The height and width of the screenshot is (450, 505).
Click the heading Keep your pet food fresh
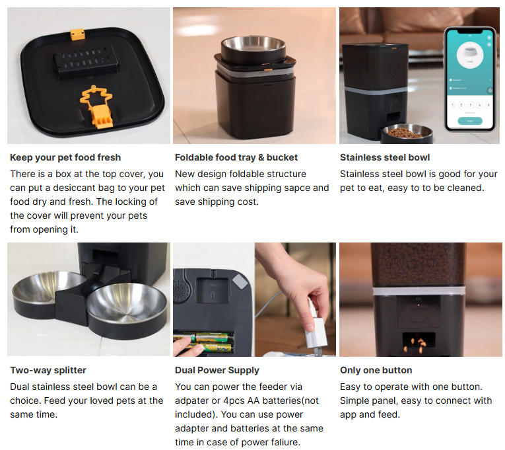[65, 157]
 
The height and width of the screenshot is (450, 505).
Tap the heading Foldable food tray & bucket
[236, 157]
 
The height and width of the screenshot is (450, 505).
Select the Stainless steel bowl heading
[385, 157]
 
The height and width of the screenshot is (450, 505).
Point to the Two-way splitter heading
[48, 370]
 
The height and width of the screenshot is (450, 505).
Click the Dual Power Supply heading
[217, 371]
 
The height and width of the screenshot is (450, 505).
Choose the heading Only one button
[376, 370]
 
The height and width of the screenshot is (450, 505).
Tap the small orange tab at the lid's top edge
[77, 34]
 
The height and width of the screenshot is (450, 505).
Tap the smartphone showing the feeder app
[470, 79]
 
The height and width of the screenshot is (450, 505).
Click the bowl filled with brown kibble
[407, 133]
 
